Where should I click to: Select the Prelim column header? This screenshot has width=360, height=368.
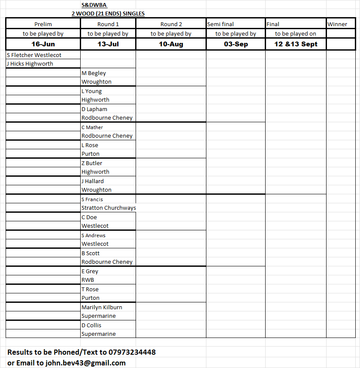pos(43,24)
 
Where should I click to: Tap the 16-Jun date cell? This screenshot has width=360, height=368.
pos(43,44)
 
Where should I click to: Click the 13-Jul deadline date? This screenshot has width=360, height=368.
pos(108,44)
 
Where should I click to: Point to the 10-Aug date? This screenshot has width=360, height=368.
pos(171,44)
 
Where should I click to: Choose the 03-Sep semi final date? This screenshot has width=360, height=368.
pos(236,44)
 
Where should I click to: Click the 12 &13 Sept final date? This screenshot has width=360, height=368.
pos(296,44)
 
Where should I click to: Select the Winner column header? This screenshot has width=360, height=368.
pos(337,24)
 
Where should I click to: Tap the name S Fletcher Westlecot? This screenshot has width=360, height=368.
pos(34,55)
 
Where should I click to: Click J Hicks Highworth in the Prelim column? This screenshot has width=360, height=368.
pos(30,63)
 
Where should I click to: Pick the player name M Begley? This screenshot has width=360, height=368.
pos(94,73)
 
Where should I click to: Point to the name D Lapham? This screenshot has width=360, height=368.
pos(94,109)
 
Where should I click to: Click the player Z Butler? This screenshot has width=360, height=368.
pos(92,163)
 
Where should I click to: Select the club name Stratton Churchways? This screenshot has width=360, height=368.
pos(109,208)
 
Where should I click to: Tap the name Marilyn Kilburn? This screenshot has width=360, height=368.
pos(102,307)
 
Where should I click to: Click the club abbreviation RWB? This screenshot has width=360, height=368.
pos(88,280)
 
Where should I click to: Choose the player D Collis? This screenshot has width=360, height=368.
pos(91,325)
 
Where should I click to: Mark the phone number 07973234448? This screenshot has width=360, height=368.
pos(129,352)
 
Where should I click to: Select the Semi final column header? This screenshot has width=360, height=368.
pos(221,24)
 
